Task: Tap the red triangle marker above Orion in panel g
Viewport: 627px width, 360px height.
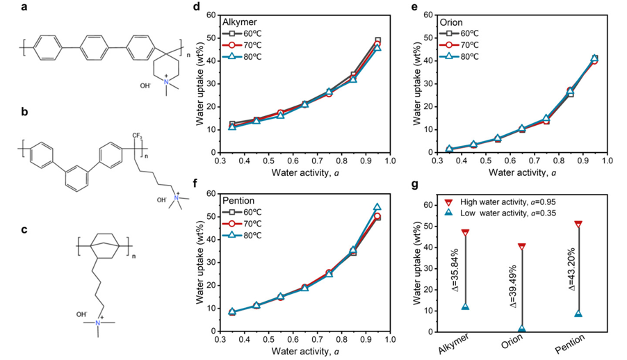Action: pyautogui.click(x=521, y=247)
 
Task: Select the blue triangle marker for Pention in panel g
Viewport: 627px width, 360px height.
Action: pyautogui.click(x=578, y=313)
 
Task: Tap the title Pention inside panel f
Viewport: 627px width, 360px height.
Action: pyautogui.click(x=239, y=200)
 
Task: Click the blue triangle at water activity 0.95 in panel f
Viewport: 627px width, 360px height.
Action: pyautogui.click(x=377, y=207)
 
